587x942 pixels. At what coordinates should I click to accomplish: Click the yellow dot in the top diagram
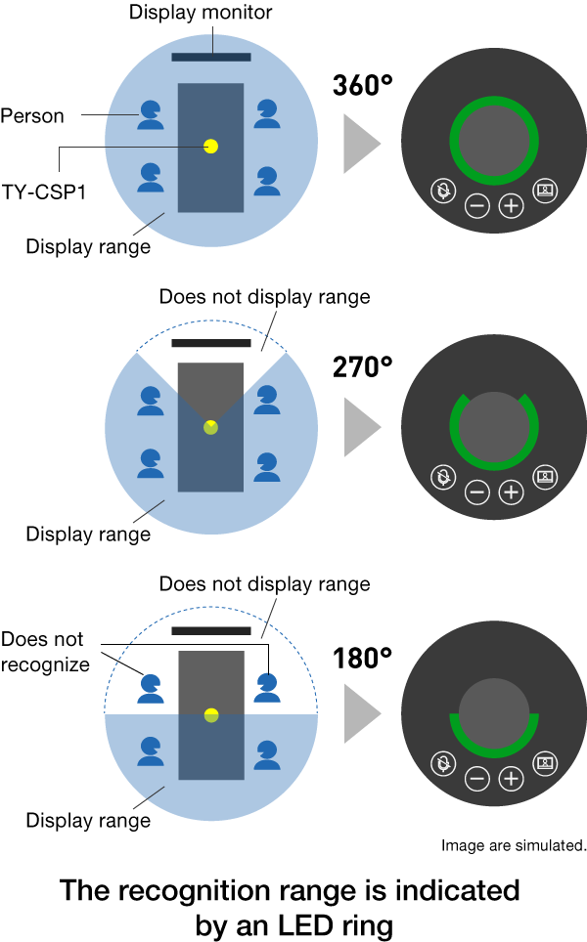[x=210, y=146]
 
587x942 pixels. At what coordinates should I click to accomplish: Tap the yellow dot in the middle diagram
[x=210, y=427]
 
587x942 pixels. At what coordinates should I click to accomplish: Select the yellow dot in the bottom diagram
[x=211, y=715]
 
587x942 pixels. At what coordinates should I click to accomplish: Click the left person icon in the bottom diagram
[x=151, y=688]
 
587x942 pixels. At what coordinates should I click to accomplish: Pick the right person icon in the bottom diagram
[x=267, y=687]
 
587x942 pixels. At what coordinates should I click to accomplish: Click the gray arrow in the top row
[x=361, y=144]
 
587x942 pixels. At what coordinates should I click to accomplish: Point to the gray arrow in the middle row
[x=361, y=427]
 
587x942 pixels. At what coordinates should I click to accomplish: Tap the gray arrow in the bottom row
[x=361, y=713]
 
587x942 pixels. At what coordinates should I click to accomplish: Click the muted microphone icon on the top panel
[x=443, y=191]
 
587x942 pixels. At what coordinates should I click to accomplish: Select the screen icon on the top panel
[x=545, y=191]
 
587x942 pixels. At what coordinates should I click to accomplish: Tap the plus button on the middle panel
[x=511, y=492]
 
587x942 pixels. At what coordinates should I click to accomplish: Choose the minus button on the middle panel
[x=477, y=492]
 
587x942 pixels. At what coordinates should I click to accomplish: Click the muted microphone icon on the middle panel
[x=443, y=477]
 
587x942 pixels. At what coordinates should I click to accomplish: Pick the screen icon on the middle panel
[x=545, y=477]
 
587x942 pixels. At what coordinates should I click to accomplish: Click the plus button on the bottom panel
[x=511, y=778]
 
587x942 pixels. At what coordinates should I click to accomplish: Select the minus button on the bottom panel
[x=477, y=778]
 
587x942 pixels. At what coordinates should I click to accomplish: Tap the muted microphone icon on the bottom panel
[x=443, y=763]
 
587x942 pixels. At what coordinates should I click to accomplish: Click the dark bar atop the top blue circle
[x=211, y=57]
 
